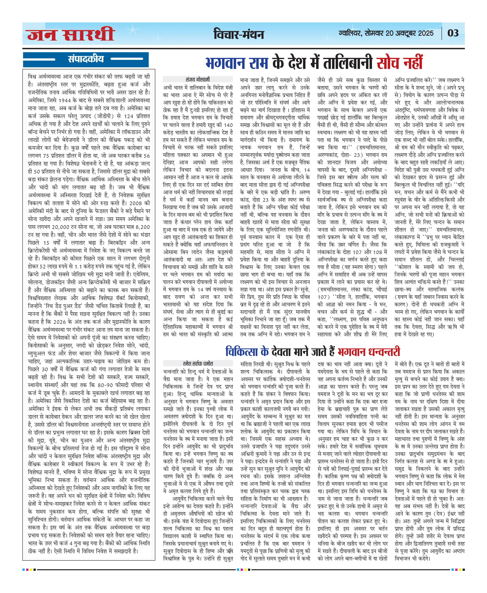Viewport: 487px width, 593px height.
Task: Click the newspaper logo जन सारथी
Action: [71, 34]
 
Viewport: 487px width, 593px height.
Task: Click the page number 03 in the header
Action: [453, 33]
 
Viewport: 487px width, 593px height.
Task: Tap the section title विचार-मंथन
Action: [239, 34]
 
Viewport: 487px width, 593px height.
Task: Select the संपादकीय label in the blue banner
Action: [86, 59]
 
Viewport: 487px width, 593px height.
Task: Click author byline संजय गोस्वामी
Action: [198, 79]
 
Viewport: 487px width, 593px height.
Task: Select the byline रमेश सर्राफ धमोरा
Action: [198, 363]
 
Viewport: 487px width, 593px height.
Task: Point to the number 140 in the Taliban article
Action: [228, 125]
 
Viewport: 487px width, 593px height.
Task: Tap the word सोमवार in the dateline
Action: [374, 33]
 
